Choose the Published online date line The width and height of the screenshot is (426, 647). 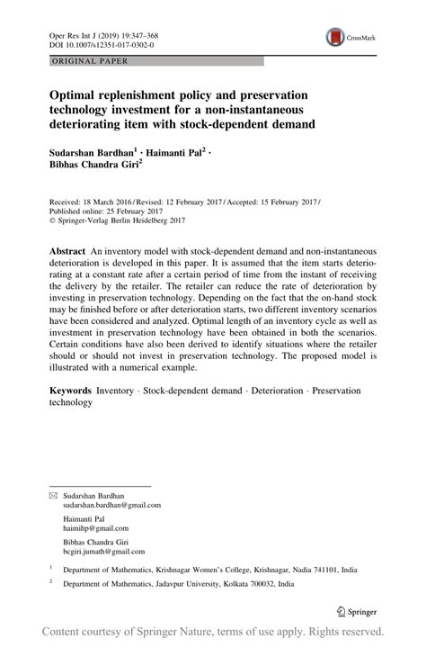click(x=101, y=211)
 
